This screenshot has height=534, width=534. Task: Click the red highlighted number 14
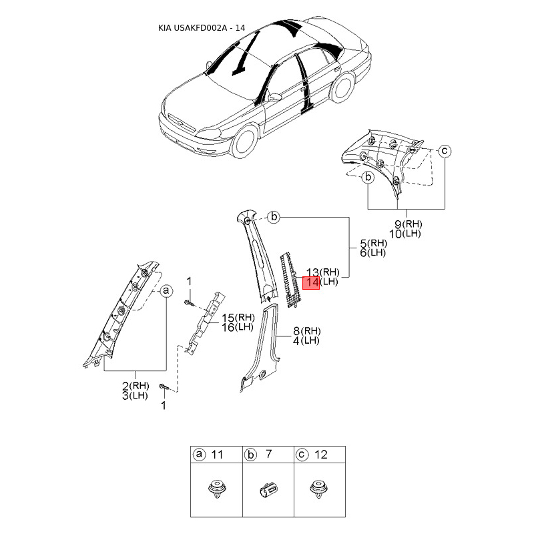pyautogui.click(x=312, y=282)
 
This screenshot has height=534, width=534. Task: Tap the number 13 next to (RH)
pyautogui.click(x=312, y=272)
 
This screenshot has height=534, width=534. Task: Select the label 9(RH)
pyautogui.click(x=409, y=224)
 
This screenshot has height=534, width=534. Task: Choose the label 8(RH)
pyautogui.click(x=306, y=331)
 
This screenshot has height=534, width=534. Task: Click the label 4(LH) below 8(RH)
pyautogui.click(x=306, y=341)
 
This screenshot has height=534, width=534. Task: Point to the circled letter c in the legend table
pyautogui.click(x=302, y=455)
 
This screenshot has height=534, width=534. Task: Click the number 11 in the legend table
pyautogui.click(x=217, y=455)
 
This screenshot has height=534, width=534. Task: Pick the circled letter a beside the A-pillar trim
pyautogui.click(x=167, y=291)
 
